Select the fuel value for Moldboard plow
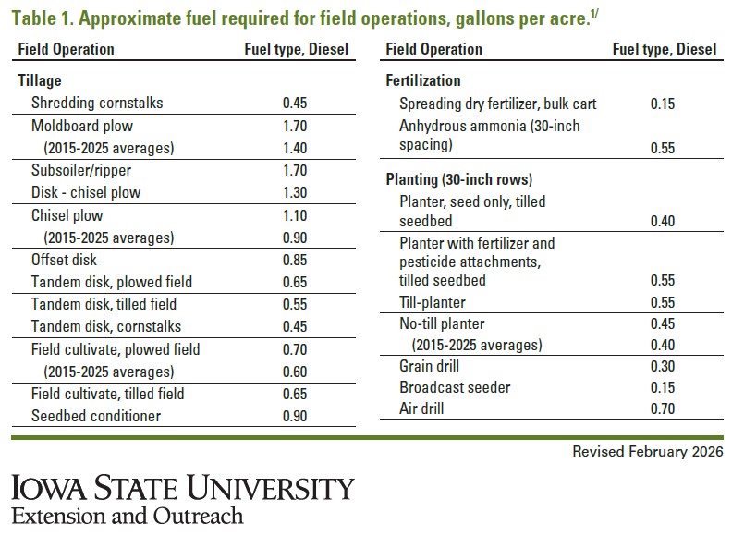tap(295, 126)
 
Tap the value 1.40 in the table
tap(295, 148)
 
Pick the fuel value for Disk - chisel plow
tap(295, 192)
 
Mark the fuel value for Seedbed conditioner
tap(295, 416)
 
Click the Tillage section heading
tap(41, 80)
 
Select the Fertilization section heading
tap(422, 80)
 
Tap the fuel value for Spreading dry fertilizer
tap(662, 104)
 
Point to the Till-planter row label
tap(433, 301)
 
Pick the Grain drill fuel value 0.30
tap(662, 365)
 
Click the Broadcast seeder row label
tap(455, 387)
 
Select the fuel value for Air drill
tap(662, 408)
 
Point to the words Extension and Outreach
tap(128, 515)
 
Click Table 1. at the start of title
tap(38, 17)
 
